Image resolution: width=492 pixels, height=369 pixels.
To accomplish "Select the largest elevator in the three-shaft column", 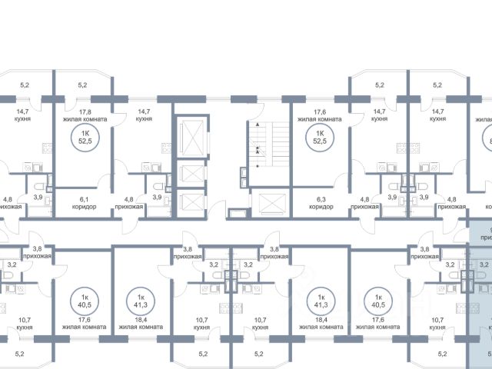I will pos(188,138).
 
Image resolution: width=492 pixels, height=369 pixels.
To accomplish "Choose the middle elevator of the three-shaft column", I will pos(187,175).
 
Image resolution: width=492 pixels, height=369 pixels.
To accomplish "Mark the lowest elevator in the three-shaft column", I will pos(187,201).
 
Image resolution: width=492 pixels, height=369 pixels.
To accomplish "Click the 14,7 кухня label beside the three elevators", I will pos(144,115).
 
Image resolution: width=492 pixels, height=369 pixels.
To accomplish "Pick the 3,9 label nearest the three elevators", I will pos(157,198).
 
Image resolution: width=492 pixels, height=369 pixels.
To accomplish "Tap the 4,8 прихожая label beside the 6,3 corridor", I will pos(361,201).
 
